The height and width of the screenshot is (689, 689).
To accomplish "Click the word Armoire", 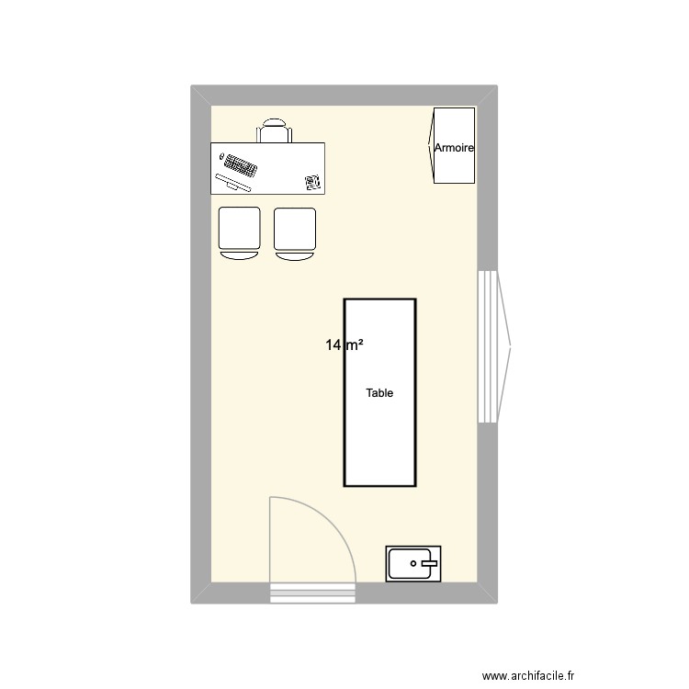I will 454,147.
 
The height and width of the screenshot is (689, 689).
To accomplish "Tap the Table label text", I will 379,393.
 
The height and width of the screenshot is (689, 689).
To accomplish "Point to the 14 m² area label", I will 344,345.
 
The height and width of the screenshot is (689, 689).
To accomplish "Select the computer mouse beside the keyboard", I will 221,158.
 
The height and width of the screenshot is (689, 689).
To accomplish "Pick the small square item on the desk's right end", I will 312,182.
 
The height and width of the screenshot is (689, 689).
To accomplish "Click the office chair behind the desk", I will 274,131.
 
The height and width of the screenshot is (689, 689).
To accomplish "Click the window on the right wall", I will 487,346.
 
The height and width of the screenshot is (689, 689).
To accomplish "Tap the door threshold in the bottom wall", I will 312,593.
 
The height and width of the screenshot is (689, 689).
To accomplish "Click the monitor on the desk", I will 233,182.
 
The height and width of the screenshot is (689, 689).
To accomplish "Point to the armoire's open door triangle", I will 432,145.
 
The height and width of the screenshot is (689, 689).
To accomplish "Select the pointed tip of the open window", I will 510,346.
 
